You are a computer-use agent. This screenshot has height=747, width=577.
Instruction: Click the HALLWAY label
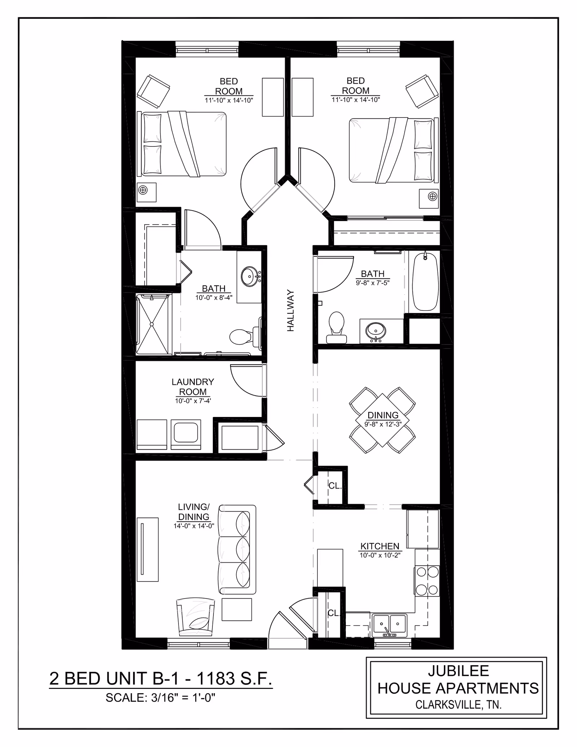291,311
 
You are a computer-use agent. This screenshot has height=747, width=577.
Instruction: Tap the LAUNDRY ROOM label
193,387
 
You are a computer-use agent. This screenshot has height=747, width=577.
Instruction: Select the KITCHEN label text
380,546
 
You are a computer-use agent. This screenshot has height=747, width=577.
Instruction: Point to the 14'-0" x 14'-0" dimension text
194,526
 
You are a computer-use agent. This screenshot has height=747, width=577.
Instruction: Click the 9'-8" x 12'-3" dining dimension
383,425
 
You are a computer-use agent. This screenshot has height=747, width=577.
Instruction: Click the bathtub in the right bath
425,281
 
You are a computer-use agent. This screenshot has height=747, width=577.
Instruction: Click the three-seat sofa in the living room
237,549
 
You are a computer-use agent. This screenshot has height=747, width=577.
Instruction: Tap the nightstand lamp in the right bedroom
432,196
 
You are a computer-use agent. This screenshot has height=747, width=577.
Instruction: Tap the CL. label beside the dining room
335,486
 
